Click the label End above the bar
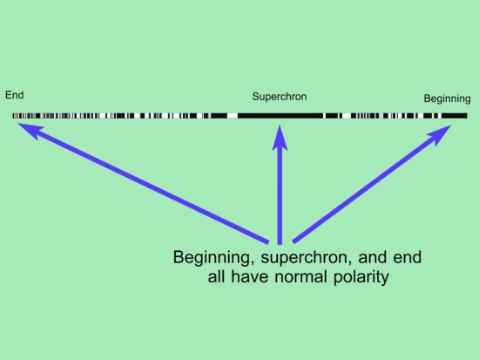click(14, 95)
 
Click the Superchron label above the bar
click(280, 97)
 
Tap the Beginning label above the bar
click(447, 98)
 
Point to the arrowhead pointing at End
click(30, 131)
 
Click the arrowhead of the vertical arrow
click(280, 138)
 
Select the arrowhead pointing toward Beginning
click(440, 134)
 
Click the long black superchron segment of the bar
click(280, 116)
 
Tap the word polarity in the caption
click(361, 277)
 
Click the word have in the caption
click(250, 277)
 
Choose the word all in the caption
click(216, 277)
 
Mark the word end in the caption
click(408, 257)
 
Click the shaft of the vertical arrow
click(280, 197)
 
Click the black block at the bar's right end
click(455, 116)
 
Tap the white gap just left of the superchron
click(233, 116)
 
